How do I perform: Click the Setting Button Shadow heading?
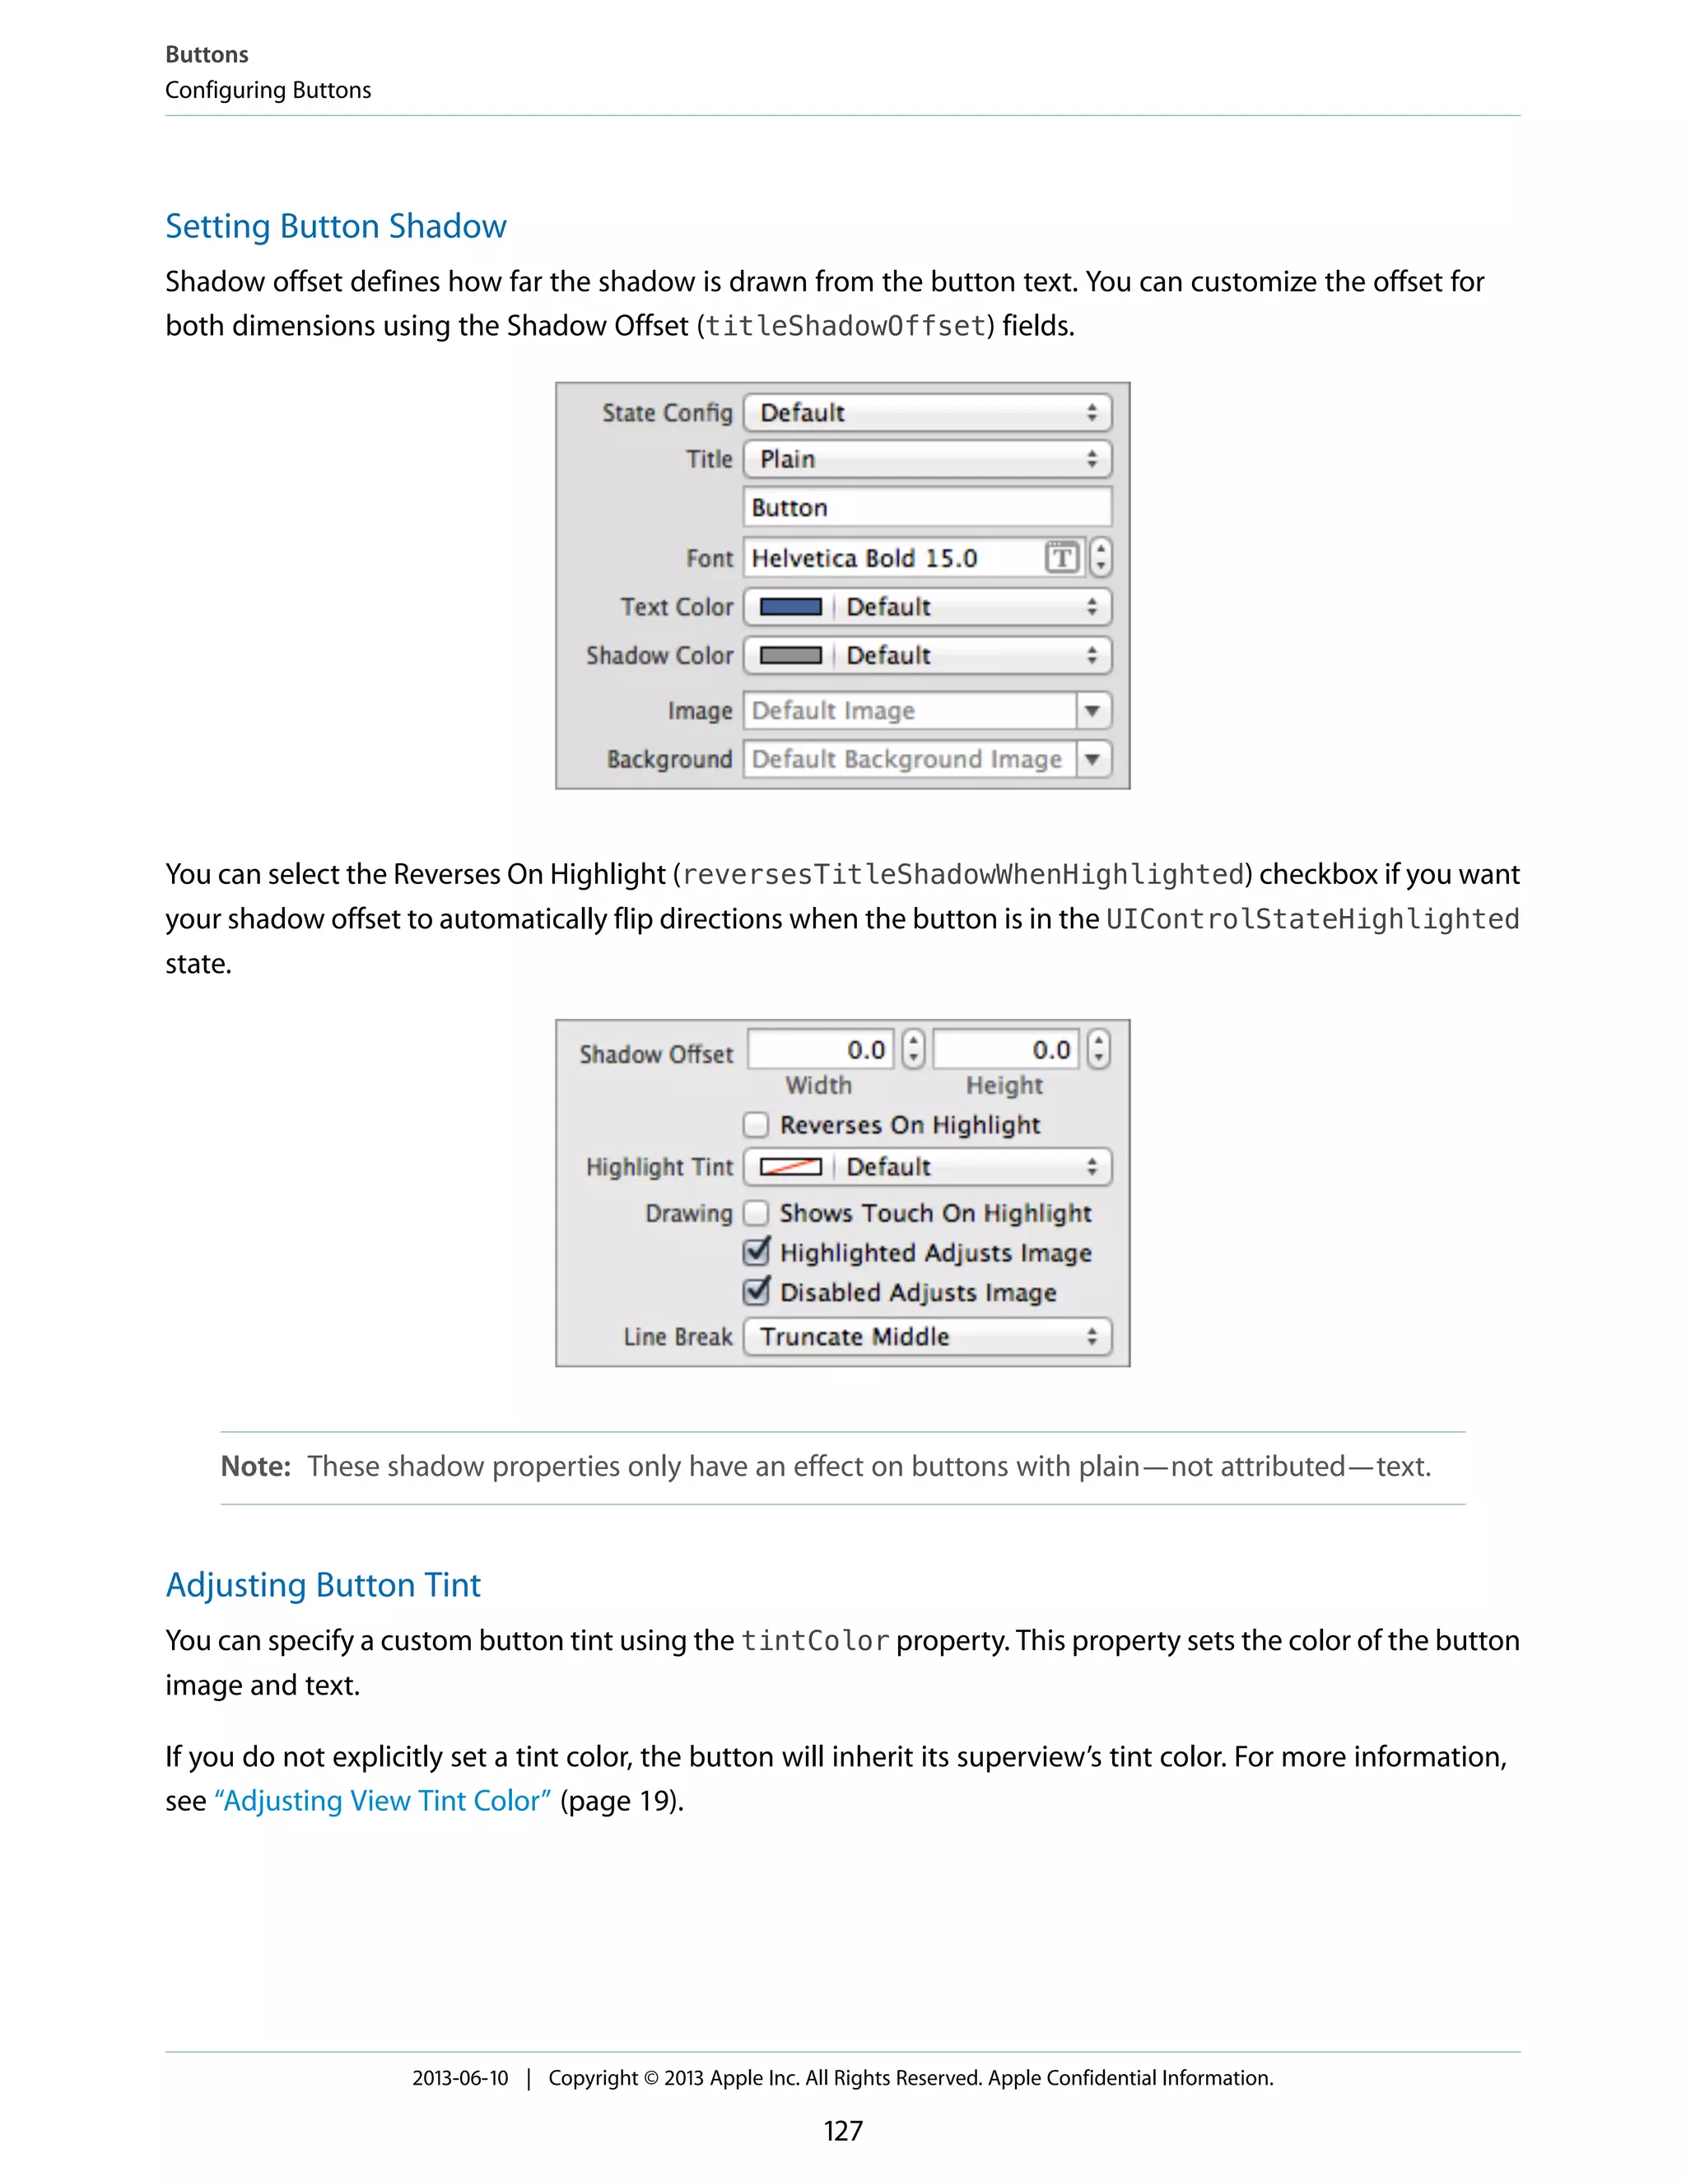pyautogui.click(x=336, y=226)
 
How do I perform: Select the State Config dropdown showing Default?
pyautogui.click(x=927, y=412)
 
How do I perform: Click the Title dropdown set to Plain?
pyautogui.click(x=927, y=459)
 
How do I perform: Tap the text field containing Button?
pyautogui.click(x=927, y=507)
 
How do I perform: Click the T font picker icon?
pyautogui.click(x=1062, y=557)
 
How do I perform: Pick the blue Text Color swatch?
pyautogui.click(x=790, y=607)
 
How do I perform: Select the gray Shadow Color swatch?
pyautogui.click(x=790, y=655)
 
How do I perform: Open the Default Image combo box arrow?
pyautogui.click(x=1092, y=711)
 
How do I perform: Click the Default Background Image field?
pyautogui.click(x=909, y=760)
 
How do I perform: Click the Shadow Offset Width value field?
pyautogui.click(x=821, y=1049)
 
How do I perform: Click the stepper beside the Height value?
pyautogui.click(x=1099, y=1049)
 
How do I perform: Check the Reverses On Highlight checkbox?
pyautogui.click(x=756, y=1125)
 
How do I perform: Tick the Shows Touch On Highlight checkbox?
pyautogui.click(x=756, y=1213)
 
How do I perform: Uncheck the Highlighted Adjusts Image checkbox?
pyautogui.click(x=756, y=1253)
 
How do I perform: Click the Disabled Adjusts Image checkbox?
pyautogui.click(x=756, y=1292)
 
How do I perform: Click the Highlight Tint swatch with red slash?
pyautogui.click(x=790, y=1167)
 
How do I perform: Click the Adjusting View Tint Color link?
pyautogui.click(x=383, y=1801)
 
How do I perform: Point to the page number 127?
pyautogui.click(x=842, y=2131)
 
